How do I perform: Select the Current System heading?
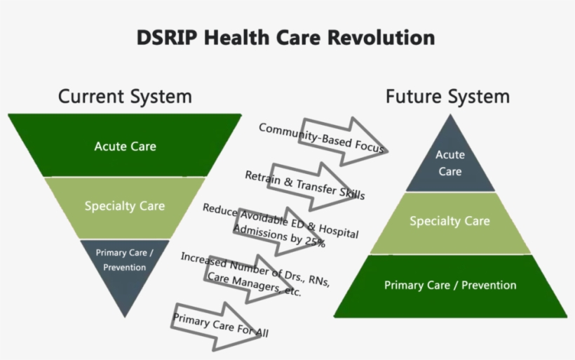pyautogui.click(x=125, y=96)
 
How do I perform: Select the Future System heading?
pyautogui.click(x=447, y=96)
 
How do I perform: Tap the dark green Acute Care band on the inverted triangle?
pyautogui.click(x=125, y=146)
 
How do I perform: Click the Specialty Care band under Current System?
pyautogui.click(x=125, y=206)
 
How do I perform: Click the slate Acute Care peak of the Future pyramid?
pyautogui.click(x=449, y=162)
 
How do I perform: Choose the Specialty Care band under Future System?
pyautogui.click(x=449, y=222)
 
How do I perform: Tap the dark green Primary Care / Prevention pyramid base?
pyautogui.click(x=449, y=286)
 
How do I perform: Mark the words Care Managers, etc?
pyautogui.click(x=254, y=284)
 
